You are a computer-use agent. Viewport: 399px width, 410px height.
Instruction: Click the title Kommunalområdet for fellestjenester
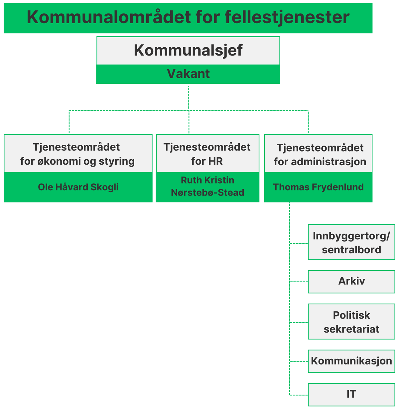click(188, 17)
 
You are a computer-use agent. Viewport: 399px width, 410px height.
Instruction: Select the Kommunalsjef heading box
click(188, 51)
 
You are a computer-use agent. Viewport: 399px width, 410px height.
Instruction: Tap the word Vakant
click(188, 73)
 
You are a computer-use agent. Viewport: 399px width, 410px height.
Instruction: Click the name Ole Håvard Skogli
click(78, 187)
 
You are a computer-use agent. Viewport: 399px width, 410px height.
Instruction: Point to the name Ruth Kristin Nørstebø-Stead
click(207, 186)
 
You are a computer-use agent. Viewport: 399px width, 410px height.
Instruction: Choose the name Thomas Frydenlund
click(318, 187)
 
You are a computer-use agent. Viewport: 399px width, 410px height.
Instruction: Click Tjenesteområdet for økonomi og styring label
click(77, 154)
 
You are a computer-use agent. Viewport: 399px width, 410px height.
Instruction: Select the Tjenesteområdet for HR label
click(207, 154)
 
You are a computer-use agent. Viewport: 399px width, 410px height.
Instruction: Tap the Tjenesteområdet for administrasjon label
click(320, 155)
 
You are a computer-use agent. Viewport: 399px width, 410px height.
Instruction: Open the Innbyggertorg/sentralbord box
click(351, 242)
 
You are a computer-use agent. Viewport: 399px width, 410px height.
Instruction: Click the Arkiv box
click(351, 281)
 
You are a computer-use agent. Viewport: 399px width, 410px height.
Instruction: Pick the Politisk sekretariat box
click(351, 322)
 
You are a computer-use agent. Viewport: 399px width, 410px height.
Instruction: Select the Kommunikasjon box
click(351, 361)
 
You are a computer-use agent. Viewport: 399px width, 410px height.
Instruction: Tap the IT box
click(351, 394)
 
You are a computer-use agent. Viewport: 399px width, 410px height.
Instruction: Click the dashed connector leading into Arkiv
click(299, 281)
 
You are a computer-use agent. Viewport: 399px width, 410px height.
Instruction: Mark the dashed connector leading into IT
click(299, 395)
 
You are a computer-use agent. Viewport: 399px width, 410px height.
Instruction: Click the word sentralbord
click(351, 250)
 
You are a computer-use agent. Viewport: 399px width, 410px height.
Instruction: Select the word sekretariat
click(351, 329)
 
